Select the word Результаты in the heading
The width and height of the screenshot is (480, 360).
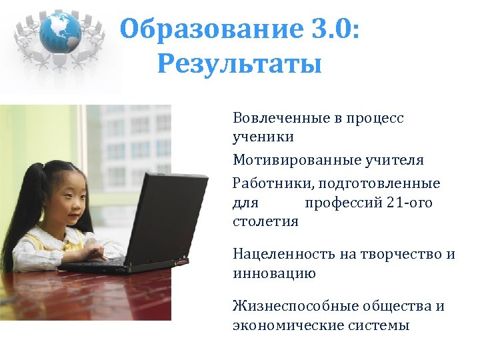(x=240, y=65)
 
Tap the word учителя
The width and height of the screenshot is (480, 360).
(x=394, y=160)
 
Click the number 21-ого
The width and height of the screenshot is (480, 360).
(x=409, y=201)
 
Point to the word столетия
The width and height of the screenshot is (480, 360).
(x=265, y=221)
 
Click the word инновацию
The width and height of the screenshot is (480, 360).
(x=274, y=273)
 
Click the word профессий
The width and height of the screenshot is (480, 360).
(x=341, y=201)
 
